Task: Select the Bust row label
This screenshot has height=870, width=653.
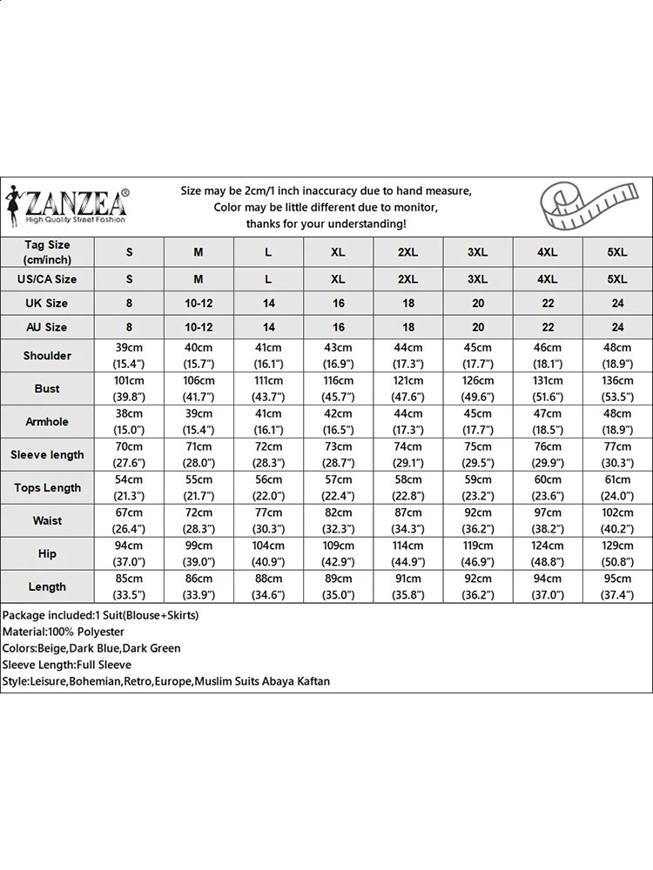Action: coord(47,388)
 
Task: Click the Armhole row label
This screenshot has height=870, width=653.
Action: coord(47,421)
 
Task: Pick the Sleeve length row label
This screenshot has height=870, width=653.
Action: coord(47,454)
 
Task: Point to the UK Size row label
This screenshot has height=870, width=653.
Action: coord(47,303)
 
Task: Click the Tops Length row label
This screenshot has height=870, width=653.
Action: coord(47,487)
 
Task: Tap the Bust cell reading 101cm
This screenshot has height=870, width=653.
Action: coord(130,388)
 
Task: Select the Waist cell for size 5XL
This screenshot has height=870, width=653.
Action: coord(617,520)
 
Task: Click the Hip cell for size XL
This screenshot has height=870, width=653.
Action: coord(339,553)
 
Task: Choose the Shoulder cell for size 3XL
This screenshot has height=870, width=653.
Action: coord(478,355)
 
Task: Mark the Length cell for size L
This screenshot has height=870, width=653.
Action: coord(269,586)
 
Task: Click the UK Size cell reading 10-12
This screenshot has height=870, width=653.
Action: coord(199,303)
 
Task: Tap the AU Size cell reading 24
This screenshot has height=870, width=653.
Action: coord(617,327)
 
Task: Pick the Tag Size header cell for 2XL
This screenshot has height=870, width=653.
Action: coord(408,252)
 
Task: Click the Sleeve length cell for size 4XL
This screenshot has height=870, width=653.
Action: coord(548,454)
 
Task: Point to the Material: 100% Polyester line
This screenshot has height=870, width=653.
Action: coord(64,632)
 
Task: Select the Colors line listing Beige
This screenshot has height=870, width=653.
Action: coord(91,648)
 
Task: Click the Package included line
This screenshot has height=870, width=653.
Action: coord(100,615)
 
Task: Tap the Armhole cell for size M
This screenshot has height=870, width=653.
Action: coord(199,421)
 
